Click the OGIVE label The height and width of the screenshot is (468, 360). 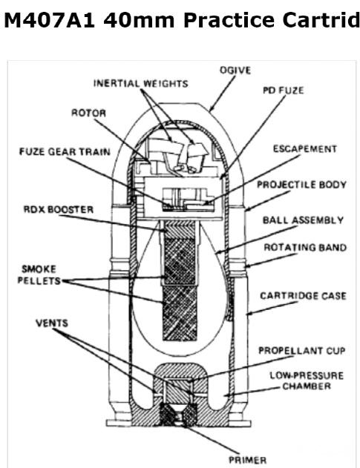click(235, 70)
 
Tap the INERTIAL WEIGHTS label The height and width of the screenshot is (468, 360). click(141, 83)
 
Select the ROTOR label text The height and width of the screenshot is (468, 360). click(89, 113)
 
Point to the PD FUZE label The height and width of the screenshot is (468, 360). click(284, 90)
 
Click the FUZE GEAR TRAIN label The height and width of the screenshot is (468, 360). click(65, 151)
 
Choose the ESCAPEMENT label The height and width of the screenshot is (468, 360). click(305, 149)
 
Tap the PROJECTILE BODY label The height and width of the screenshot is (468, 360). click(302, 185)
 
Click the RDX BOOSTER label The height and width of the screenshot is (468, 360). click(59, 209)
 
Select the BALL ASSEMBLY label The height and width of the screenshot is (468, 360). click(304, 220)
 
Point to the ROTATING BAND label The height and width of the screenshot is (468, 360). click(305, 248)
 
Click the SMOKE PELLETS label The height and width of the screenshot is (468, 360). click(39, 275)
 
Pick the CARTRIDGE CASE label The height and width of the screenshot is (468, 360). click(304, 296)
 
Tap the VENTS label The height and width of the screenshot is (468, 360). click(52, 323)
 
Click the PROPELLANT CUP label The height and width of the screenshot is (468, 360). click(302, 350)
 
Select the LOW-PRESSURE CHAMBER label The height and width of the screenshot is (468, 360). click(307, 380)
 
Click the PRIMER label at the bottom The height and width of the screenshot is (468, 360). click(248, 460)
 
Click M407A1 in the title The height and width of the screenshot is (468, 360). click(50, 21)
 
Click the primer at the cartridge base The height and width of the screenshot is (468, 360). click(179, 415)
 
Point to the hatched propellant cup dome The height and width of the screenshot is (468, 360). click(180, 371)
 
